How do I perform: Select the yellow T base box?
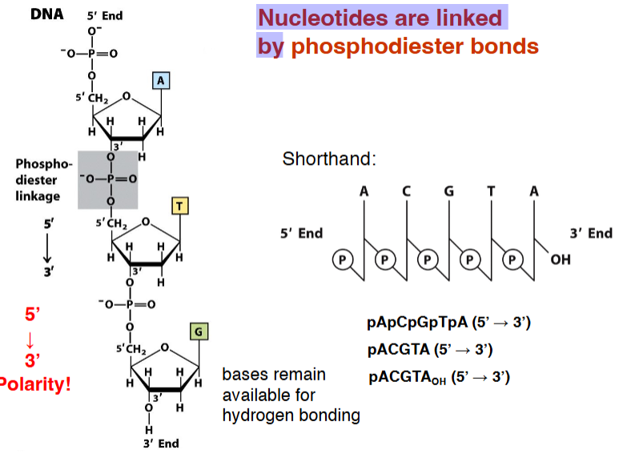[180, 207]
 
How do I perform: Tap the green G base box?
[198, 331]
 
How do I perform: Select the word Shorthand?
[328, 159]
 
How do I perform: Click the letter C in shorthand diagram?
[407, 192]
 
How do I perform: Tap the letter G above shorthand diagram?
[449, 192]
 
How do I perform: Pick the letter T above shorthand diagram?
[491, 192]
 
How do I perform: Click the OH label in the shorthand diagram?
[561, 260]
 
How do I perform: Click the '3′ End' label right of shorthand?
[590, 233]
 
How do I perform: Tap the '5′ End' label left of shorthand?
[301, 233]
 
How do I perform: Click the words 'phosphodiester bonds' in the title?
[415, 46]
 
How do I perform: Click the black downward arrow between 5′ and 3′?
[47, 250]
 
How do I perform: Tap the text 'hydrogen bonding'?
[291, 415]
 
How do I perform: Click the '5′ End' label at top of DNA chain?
[104, 15]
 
